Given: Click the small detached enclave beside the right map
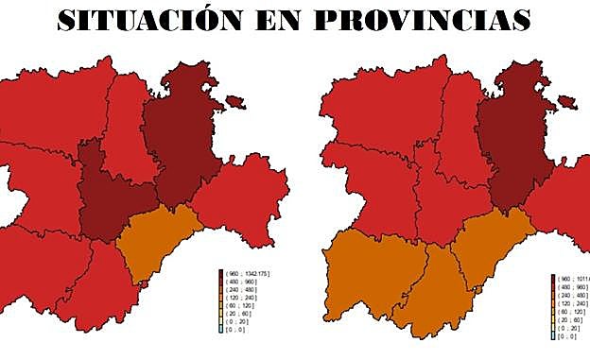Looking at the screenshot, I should coord(566,101).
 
